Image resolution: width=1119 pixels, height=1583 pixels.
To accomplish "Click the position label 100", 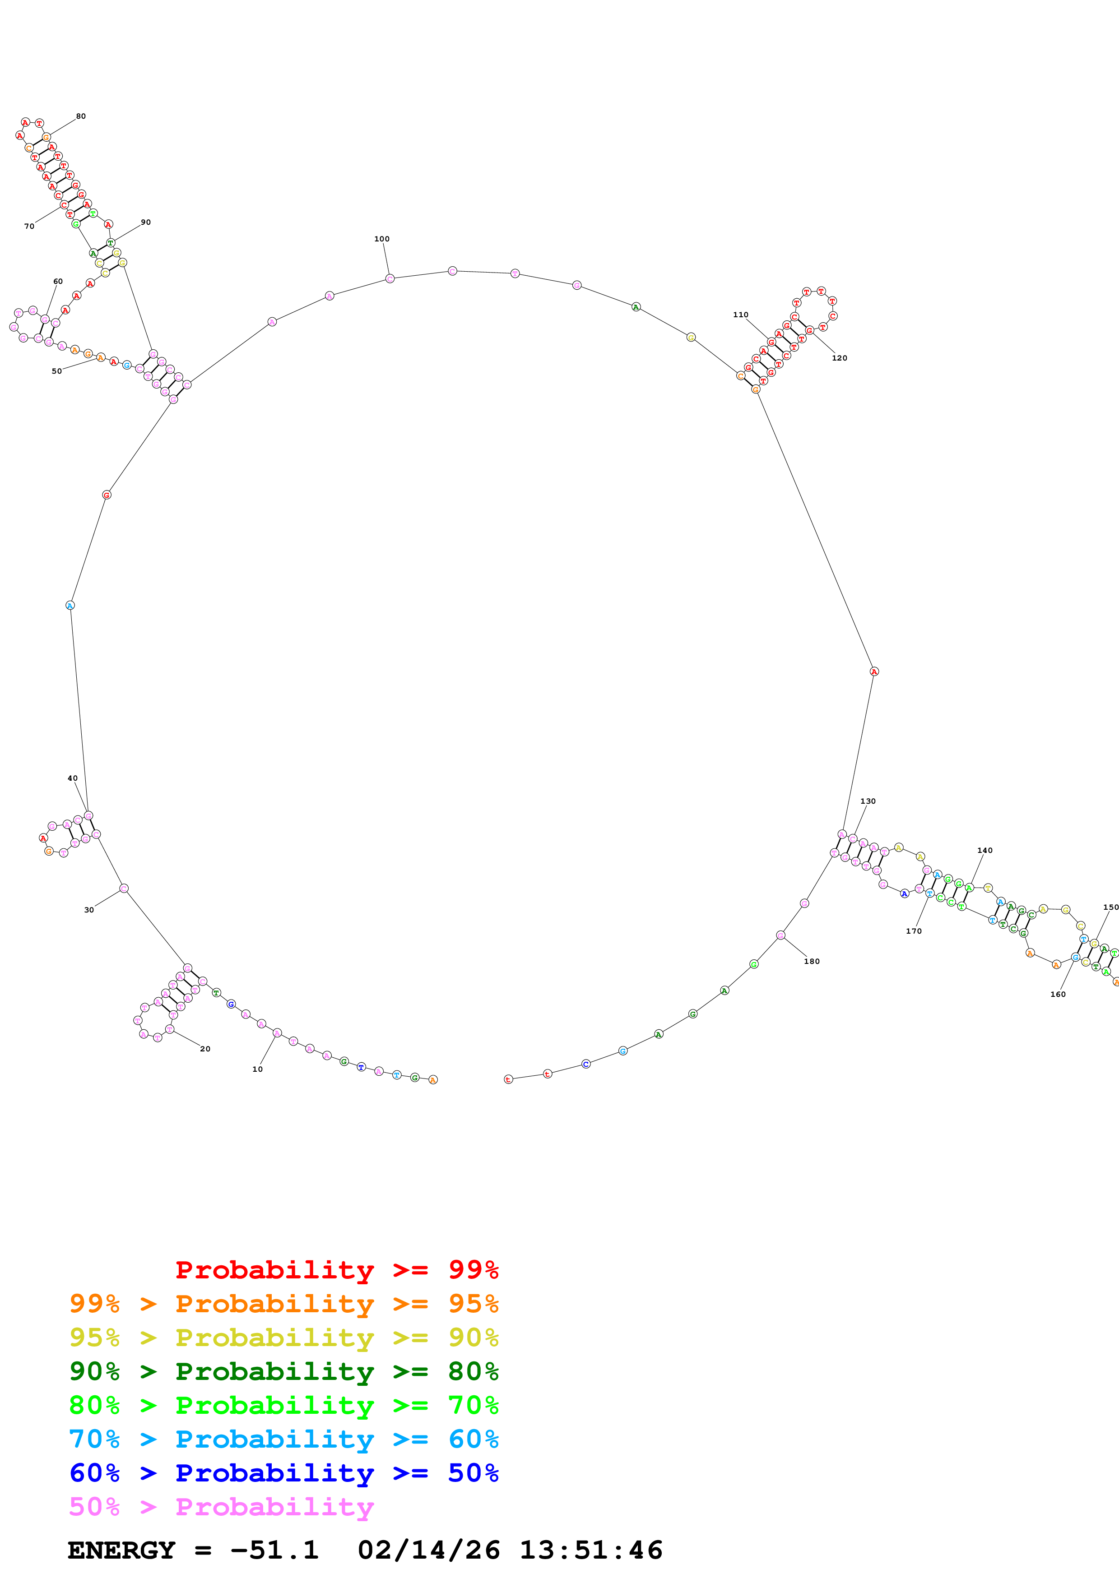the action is pyautogui.click(x=381, y=239).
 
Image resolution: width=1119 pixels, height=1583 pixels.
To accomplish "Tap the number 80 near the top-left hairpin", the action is pyautogui.click(x=81, y=116).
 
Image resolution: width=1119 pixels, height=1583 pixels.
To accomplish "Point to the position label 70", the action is pyautogui.click(x=29, y=226).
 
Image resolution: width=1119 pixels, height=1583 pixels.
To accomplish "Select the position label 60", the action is pyautogui.click(x=58, y=281).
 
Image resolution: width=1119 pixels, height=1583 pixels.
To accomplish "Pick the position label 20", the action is pyautogui.click(x=205, y=1049).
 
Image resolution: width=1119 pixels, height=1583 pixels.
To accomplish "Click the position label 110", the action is pyautogui.click(x=740, y=315).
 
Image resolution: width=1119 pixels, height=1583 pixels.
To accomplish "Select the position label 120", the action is pyautogui.click(x=839, y=358).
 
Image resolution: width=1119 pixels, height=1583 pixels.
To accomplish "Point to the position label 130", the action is pyautogui.click(x=867, y=801).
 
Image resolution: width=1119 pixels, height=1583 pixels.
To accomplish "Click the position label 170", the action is pyautogui.click(x=914, y=931).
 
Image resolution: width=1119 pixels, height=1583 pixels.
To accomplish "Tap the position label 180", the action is pyautogui.click(x=812, y=961).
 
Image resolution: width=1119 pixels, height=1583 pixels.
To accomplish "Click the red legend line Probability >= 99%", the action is pyautogui.click(x=336, y=1269).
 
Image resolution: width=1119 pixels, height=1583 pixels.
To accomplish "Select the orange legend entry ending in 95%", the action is pyautogui.click(x=283, y=1304).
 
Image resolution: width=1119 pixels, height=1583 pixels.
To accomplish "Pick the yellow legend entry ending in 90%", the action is pyautogui.click(x=283, y=1338).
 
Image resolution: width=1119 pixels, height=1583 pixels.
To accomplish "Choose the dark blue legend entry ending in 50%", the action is pyautogui.click(x=283, y=1473).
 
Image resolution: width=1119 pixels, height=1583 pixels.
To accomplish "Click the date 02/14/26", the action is pyautogui.click(x=428, y=1550).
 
